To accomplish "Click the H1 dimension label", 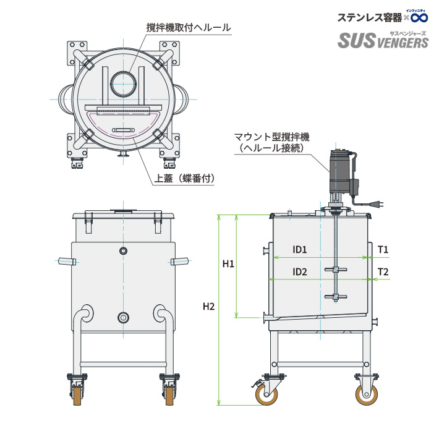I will pos(228,264).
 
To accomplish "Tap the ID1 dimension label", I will pos(300,250).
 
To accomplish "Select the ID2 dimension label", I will pos(300,272).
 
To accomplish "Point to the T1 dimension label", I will pos(383,250).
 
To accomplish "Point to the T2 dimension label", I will pos(383,272).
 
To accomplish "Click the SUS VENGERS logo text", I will pos(383,41).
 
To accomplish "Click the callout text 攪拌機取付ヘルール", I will pos(189,28).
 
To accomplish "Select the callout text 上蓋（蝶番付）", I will pos(184,179).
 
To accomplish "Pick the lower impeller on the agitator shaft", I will pos(333,298).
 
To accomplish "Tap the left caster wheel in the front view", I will pos(79,394).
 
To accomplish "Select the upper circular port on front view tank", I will pos(124,250).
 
